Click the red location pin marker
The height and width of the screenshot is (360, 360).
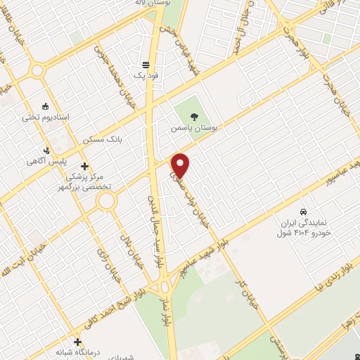click(x=181, y=165)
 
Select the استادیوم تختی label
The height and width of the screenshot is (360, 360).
click(x=46, y=117)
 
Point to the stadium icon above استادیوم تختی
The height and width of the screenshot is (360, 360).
click(x=46, y=106)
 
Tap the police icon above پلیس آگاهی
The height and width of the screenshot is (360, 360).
click(x=46, y=150)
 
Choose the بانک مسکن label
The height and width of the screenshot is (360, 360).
click(x=103, y=140)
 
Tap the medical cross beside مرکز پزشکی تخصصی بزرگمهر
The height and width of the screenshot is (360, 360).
click(x=85, y=167)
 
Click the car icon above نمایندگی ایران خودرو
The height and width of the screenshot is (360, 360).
click(x=302, y=211)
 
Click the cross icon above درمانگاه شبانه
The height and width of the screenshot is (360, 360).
click(x=78, y=342)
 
